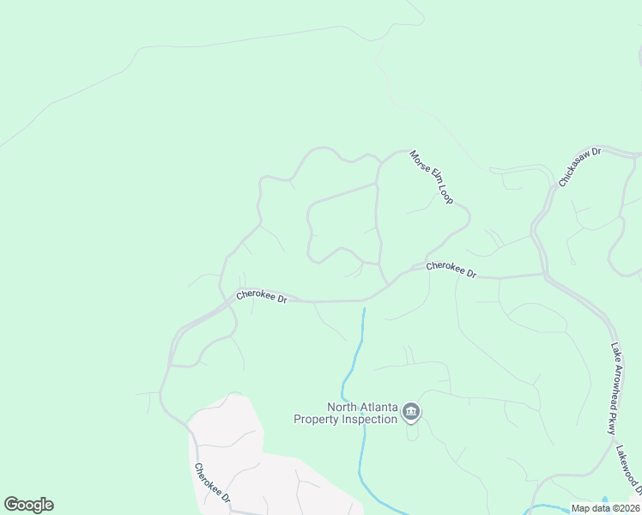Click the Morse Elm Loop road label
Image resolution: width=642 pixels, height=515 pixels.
[431, 177]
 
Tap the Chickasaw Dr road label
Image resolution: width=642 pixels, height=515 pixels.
[581, 167]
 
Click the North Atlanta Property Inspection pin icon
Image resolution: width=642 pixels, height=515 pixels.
[411, 414]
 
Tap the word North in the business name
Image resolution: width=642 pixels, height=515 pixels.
[342, 408]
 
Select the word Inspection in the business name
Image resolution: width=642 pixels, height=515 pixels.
[370, 420]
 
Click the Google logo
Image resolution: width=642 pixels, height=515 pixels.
[28, 505]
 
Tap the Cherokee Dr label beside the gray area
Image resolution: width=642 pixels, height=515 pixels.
[212, 483]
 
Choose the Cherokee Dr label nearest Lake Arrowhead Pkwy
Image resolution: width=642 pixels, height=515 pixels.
[451, 270]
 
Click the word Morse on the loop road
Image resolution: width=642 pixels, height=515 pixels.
[418, 161]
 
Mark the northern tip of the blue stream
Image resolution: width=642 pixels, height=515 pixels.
[364, 309]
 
